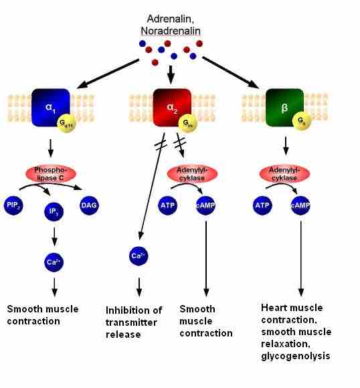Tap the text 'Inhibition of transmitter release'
coord(134,322)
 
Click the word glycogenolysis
coord(294,356)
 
